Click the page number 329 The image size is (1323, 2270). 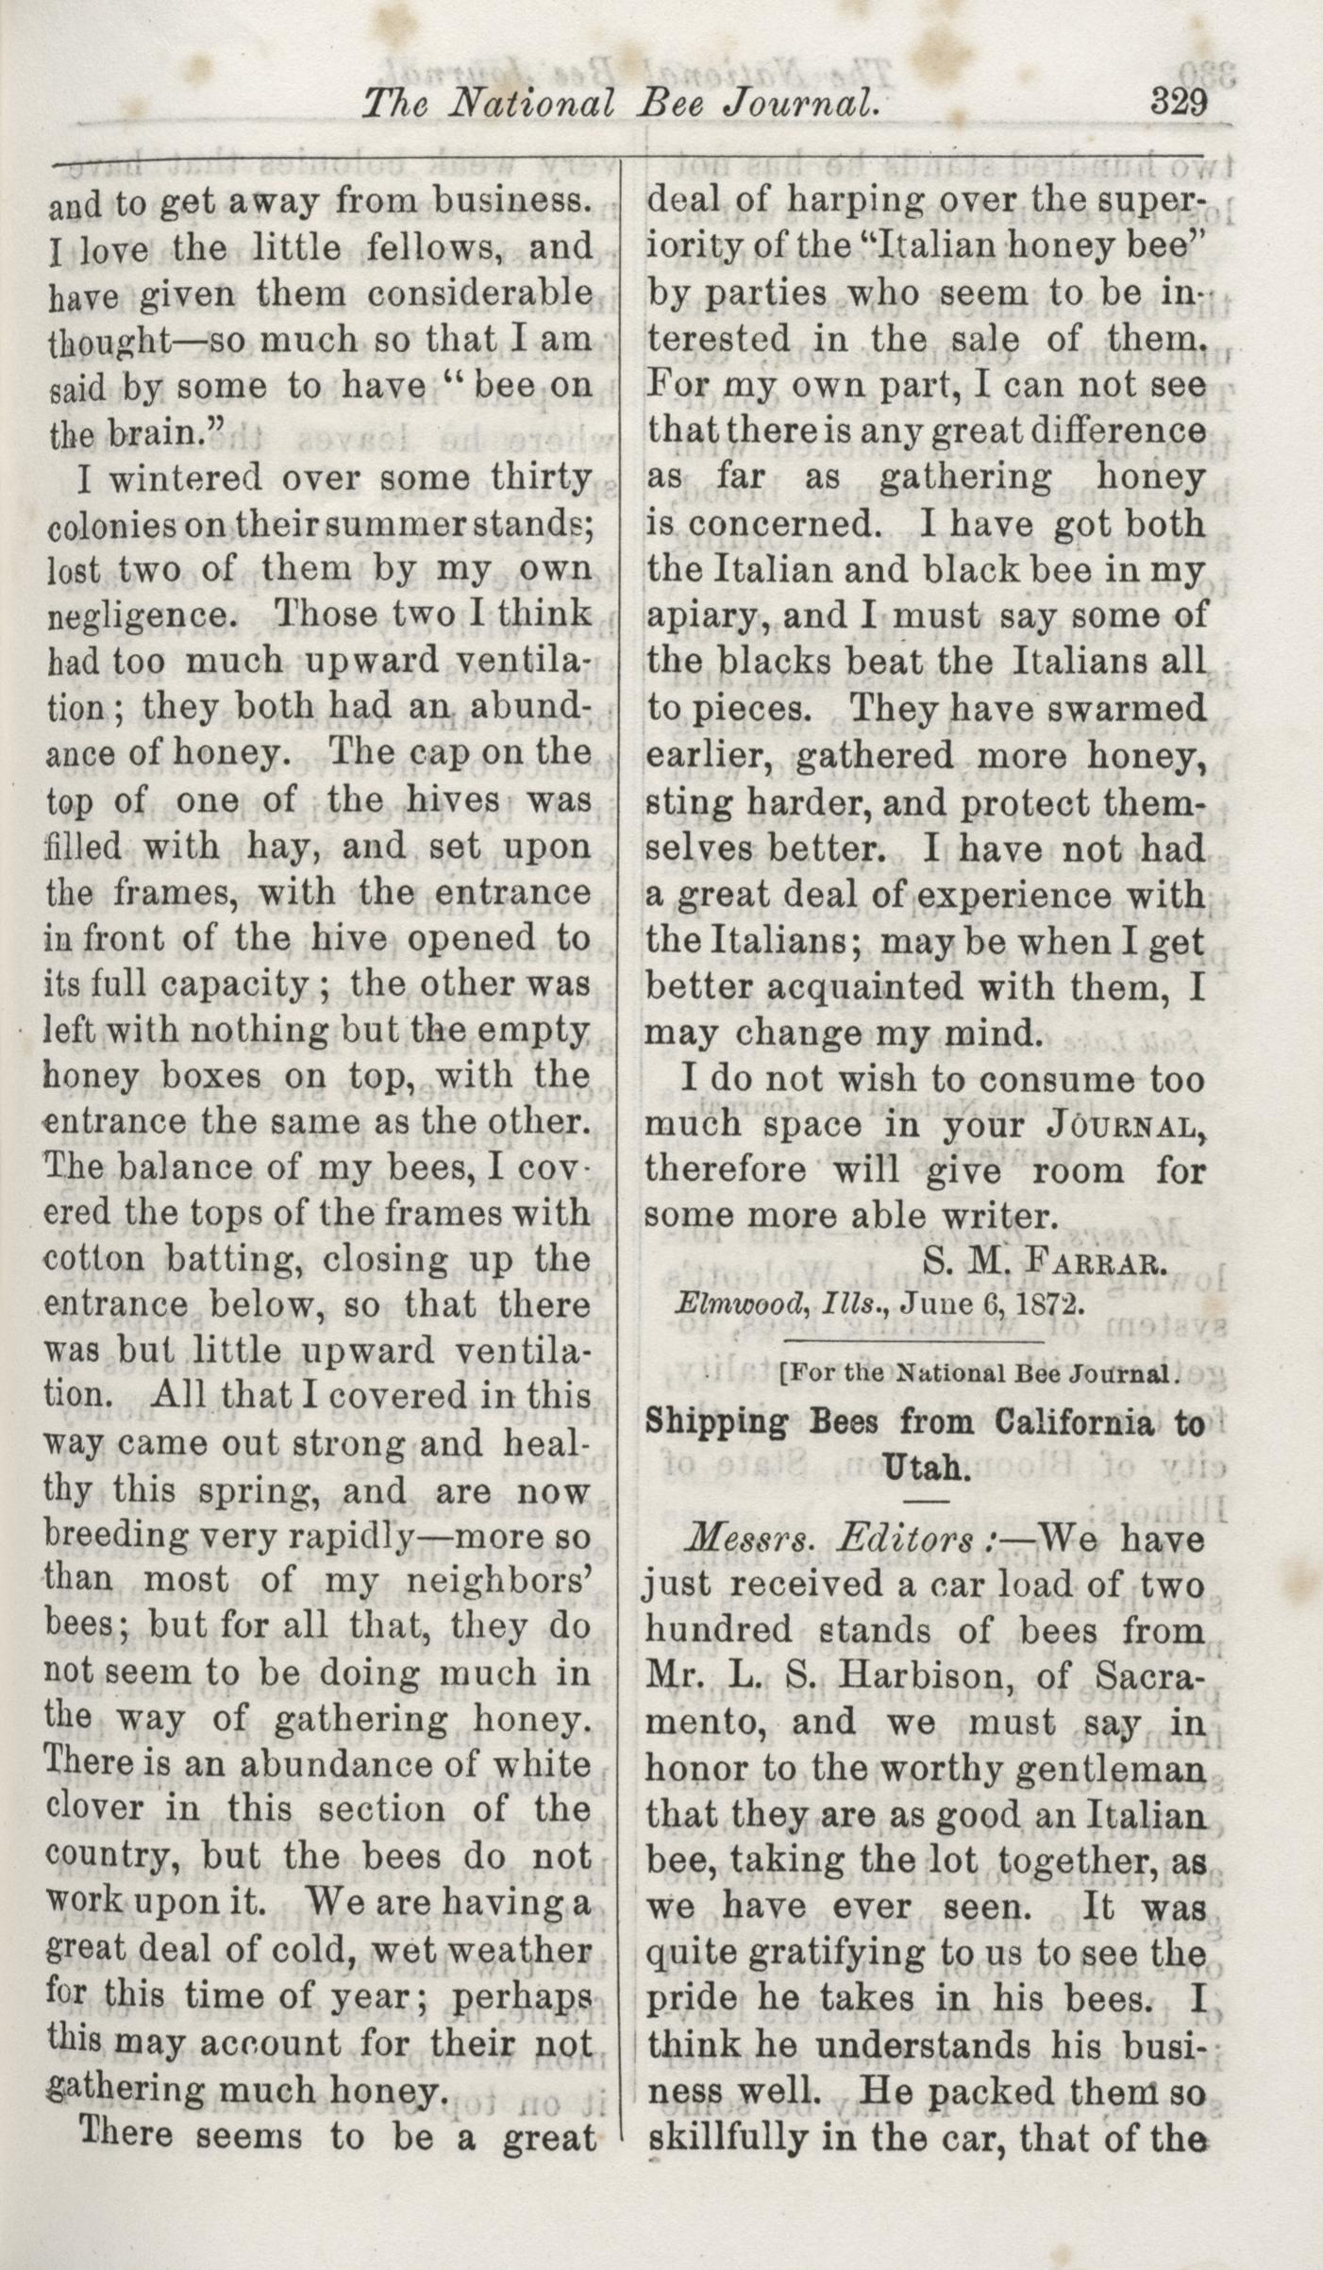(1179, 101)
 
